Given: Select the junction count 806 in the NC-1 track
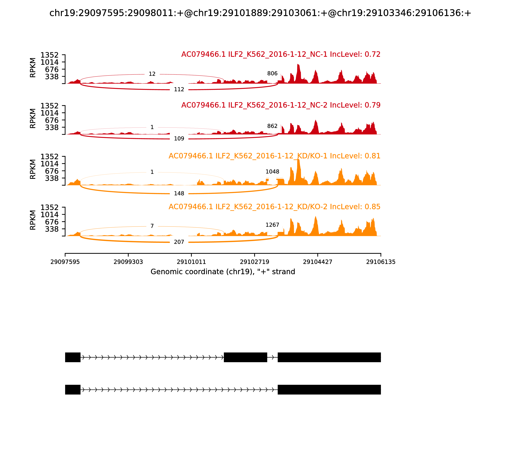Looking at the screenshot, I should point(272,74).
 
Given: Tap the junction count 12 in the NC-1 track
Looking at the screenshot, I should point(152,74).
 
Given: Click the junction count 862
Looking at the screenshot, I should point(272,126).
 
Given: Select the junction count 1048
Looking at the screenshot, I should point(272,172).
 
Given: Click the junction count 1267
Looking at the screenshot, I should point(272,225).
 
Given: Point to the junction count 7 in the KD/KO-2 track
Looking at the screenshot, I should point(152,226).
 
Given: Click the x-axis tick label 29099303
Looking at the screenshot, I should point(128,262).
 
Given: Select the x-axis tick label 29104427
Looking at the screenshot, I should point(317,262).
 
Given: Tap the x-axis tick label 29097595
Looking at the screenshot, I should point(65,262).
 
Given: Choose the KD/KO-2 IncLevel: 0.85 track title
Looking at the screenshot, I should point(274,207).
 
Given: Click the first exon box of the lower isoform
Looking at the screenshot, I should point(73,390).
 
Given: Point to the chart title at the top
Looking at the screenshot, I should point(260,13).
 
